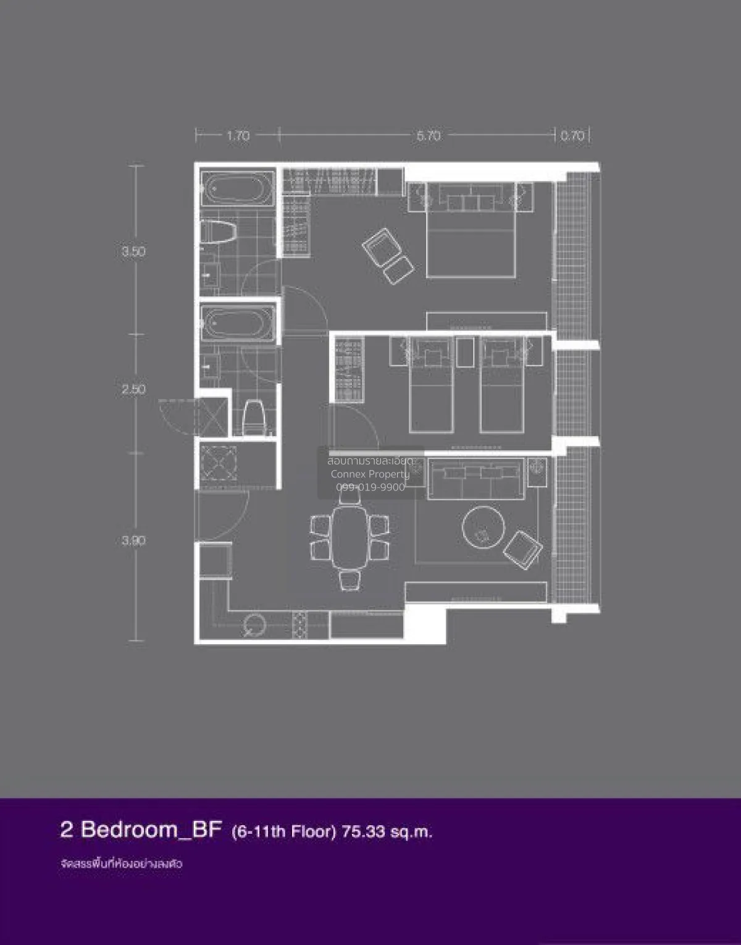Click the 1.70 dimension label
[x=238, y=136]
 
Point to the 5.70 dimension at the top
[x=429, y=136]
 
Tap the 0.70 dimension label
[x=572, y=136]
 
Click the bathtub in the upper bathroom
[x=238, y=189]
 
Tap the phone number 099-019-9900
[x=371, y=487]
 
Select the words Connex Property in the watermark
[x=371, y=474]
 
